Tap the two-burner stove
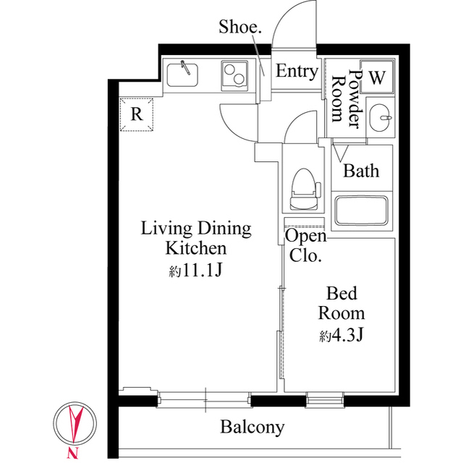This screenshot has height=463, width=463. [234, 74]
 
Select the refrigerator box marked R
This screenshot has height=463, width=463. [136, 114]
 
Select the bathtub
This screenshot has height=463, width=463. [362, 210]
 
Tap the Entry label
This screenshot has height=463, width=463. [297, 72]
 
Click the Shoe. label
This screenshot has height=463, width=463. [240, 27]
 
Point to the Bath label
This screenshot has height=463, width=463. [361, 171]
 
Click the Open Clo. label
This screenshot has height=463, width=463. [305, 245]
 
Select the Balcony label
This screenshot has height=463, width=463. [252, 427]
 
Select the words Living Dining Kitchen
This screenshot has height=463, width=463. [195, 239]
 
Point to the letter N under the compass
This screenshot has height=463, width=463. [72, 454]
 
